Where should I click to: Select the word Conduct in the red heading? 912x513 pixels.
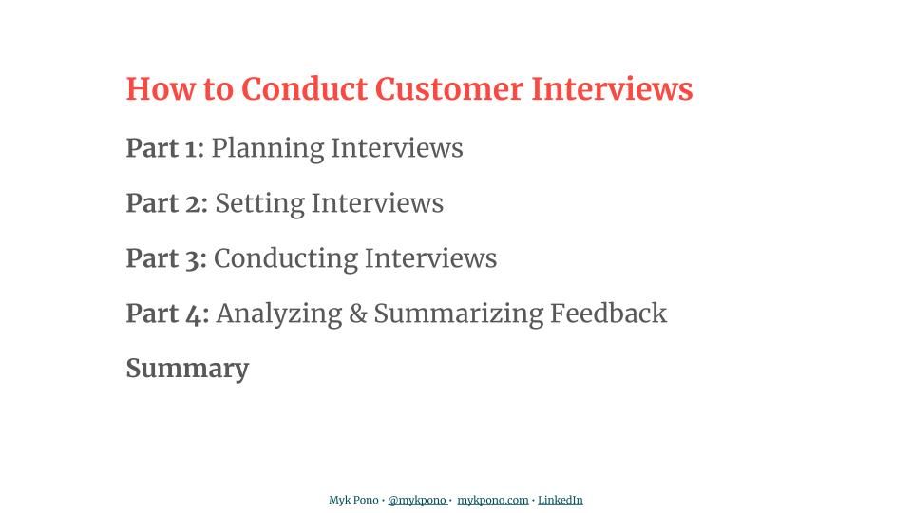pyautogui.click(x=304, y=89)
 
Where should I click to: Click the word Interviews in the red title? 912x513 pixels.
pyautogui.click(x=612, y=89)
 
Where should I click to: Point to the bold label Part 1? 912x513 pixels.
pyautogui.click(x=164, y=148)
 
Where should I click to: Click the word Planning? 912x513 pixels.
pyautogui.click(x=267, y=149)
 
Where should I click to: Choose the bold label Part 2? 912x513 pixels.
pyautogui.click(x=166, y=203)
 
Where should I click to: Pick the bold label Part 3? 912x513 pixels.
pyautogui.click(x=165, y=258)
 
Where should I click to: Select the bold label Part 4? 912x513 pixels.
pyautogui.click(x=166, y=313)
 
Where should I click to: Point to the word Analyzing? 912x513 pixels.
pyautogui.click(x=277, y=314)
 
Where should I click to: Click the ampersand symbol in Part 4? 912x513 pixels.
pyautogui.click(x=357, y=313)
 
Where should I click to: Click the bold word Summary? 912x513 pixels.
pyautogui.click(x=187, y=369)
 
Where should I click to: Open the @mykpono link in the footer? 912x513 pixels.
pyautogui.click(x=417, y=500)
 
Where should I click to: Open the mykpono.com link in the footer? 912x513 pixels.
pyautogui.click(x=492, y=500)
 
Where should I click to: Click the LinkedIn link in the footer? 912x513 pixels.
pyautogui.click(x=560, y=500)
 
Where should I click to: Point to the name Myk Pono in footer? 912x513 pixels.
pyautogui.click(x=352, y=500)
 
